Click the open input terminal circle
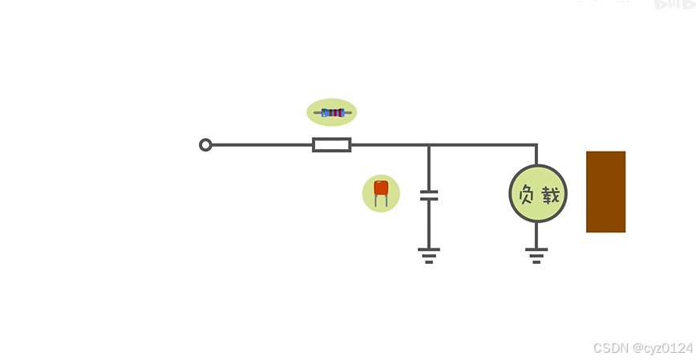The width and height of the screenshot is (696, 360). (205, 145)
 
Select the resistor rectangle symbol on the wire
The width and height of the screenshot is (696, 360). (331, 145)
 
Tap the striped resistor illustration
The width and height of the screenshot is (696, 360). (332, 113)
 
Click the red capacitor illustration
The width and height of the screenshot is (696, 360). (381, 188)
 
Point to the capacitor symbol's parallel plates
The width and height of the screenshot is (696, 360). (429, 195)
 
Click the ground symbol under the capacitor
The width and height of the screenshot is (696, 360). (429, 255)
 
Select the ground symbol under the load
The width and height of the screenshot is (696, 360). (536, 255)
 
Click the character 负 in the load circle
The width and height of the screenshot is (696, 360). (526, 194)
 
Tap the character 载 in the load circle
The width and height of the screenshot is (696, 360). (550, 194)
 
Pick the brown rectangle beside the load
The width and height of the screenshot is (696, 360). (605, 192)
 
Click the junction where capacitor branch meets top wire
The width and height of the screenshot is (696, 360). (429, 145)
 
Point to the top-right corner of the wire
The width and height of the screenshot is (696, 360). (536, 145)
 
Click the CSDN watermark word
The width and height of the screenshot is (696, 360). (610, 348)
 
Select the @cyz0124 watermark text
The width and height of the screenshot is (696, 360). (662, 348)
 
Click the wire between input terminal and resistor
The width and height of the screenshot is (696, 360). (261, 145)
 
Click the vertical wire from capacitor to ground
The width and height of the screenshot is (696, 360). (429, 224)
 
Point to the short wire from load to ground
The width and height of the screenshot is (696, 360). (536, 235)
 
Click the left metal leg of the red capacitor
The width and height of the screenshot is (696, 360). (376, 201)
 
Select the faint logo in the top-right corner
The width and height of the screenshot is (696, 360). (672, 4)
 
